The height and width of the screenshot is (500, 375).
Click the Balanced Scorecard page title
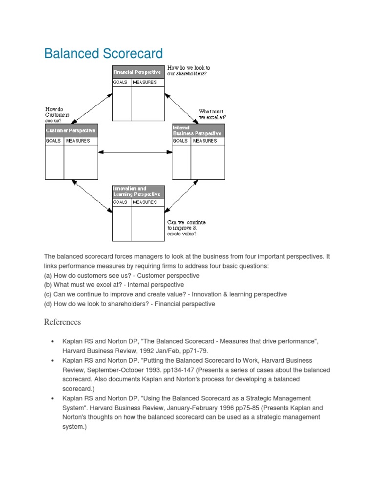(x=103, y=53)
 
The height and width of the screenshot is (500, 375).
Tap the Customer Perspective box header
(x=71, y=131)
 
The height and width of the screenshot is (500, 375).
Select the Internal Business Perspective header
(x=198, y=130)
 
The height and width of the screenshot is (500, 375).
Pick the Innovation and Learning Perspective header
(x=138, y=191)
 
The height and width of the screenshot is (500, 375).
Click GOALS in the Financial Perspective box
(x=121, y=83)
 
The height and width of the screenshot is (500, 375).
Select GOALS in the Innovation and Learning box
(x=121, y=202)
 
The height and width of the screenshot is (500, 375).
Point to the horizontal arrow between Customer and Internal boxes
(x=135, y=153)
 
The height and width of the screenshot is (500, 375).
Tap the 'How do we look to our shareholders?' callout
(x=189, y=71)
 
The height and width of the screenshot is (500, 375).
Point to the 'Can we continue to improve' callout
(x=186, y=228)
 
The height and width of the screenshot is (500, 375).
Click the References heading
(x=62, y=322)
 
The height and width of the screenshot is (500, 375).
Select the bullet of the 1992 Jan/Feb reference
(x=52, y=341)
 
